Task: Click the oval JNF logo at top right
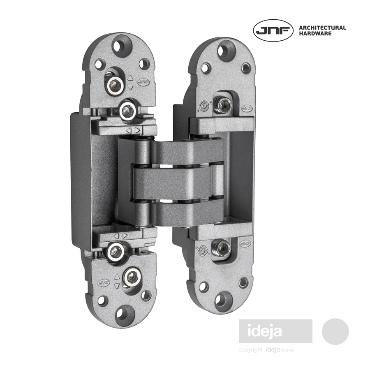[273, 30]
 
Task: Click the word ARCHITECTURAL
[323, 28]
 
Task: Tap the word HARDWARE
[315, 34]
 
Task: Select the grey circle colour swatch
[335, 331]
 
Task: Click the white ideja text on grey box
[265, 331]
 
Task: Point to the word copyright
[250, 350]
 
